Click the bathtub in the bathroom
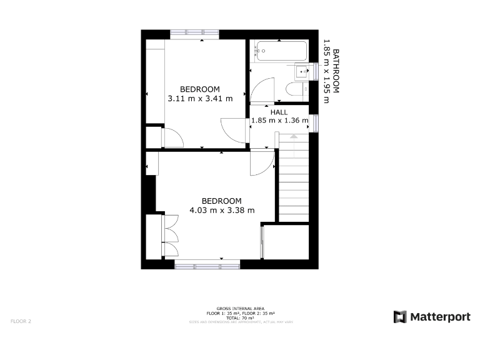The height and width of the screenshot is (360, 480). coord(279,51)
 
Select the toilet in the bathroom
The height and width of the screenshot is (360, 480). coord(296,91)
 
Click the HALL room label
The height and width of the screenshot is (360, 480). coord(279,112)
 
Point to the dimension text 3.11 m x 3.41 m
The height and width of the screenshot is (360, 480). coord(200,98)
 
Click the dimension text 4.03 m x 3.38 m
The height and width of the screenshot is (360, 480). coord(222,210)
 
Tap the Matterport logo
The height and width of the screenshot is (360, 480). coord(432,317)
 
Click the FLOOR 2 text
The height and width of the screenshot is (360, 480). coord(21,321)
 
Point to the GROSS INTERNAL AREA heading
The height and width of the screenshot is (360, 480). coord(240,309)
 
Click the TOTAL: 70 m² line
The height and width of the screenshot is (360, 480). coord(240,317)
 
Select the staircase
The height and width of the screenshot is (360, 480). coord(293,181)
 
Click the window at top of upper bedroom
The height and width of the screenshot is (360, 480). coord(194,34)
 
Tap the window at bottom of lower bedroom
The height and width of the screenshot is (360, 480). coord(207,266)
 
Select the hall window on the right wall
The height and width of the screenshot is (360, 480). coord(315,122)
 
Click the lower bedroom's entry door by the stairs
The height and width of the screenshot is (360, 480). coord(262,164)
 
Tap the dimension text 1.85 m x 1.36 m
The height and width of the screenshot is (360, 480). coord(279,121)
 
